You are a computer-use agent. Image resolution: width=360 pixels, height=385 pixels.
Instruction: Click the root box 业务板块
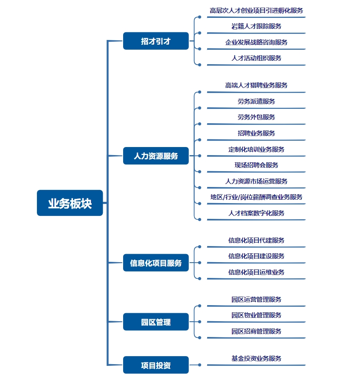(70, 203)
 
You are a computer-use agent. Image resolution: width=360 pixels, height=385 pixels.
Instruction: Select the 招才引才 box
(156, 41)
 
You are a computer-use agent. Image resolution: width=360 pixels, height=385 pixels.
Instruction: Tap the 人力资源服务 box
(156, 156)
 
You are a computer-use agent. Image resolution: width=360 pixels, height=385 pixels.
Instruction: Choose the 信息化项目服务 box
(156, 263)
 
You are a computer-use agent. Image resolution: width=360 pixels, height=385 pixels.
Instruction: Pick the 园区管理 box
(156, 322)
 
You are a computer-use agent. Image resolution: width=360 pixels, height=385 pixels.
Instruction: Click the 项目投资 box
(156, 365)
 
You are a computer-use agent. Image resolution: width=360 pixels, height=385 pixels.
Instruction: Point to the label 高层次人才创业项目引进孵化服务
(256, 11)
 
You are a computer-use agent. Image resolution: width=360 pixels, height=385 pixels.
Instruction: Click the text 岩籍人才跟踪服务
(256, 26)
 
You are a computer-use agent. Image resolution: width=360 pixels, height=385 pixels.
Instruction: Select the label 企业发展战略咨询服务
(256, 42)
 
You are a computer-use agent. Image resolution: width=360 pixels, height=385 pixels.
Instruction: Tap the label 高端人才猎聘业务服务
(256, 85)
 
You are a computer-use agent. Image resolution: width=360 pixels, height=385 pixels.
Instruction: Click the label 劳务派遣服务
(256, 101)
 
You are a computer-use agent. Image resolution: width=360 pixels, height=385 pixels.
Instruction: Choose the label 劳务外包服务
(256, 117)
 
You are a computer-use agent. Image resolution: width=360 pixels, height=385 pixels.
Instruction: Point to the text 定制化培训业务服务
(256, 149)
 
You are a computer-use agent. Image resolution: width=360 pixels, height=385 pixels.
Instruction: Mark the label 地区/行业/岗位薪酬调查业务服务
(256, 197)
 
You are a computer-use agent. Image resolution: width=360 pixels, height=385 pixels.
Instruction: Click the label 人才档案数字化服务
(256, 213)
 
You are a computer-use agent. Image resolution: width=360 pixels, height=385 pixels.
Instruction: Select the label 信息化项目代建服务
(256, 240)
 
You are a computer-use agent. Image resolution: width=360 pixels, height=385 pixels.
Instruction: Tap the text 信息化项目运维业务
(256, 272)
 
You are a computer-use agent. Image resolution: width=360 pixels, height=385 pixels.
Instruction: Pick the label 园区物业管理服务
(256, 315)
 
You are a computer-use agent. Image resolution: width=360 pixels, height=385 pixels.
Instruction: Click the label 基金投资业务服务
(256, 358)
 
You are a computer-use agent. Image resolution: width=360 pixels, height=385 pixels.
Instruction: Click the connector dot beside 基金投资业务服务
(200, 365)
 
